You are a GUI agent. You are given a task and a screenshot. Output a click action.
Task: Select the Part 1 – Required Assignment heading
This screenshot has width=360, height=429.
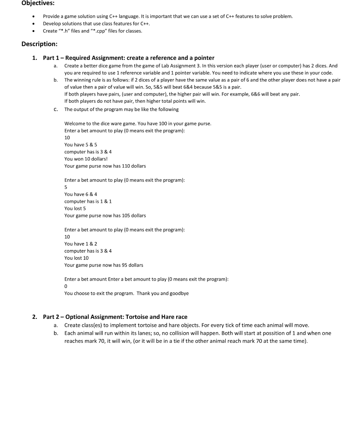click(x=129, y=58)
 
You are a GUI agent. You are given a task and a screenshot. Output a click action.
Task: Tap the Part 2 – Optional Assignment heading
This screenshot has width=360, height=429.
click(x=115, y=317)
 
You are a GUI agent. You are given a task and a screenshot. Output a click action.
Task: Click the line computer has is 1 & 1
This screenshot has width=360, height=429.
click(x=88, y=201)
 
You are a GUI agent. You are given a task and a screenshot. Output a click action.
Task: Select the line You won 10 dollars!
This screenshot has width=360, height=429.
click(x=86, y=159)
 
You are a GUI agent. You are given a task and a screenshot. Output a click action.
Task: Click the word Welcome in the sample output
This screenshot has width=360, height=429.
click(x=75, y=124)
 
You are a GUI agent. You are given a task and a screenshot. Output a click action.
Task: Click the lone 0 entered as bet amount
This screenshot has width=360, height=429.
click(x=66, y=286)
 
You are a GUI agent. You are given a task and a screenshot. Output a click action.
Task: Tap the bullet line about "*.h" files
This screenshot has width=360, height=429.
click(x=93, y=31)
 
